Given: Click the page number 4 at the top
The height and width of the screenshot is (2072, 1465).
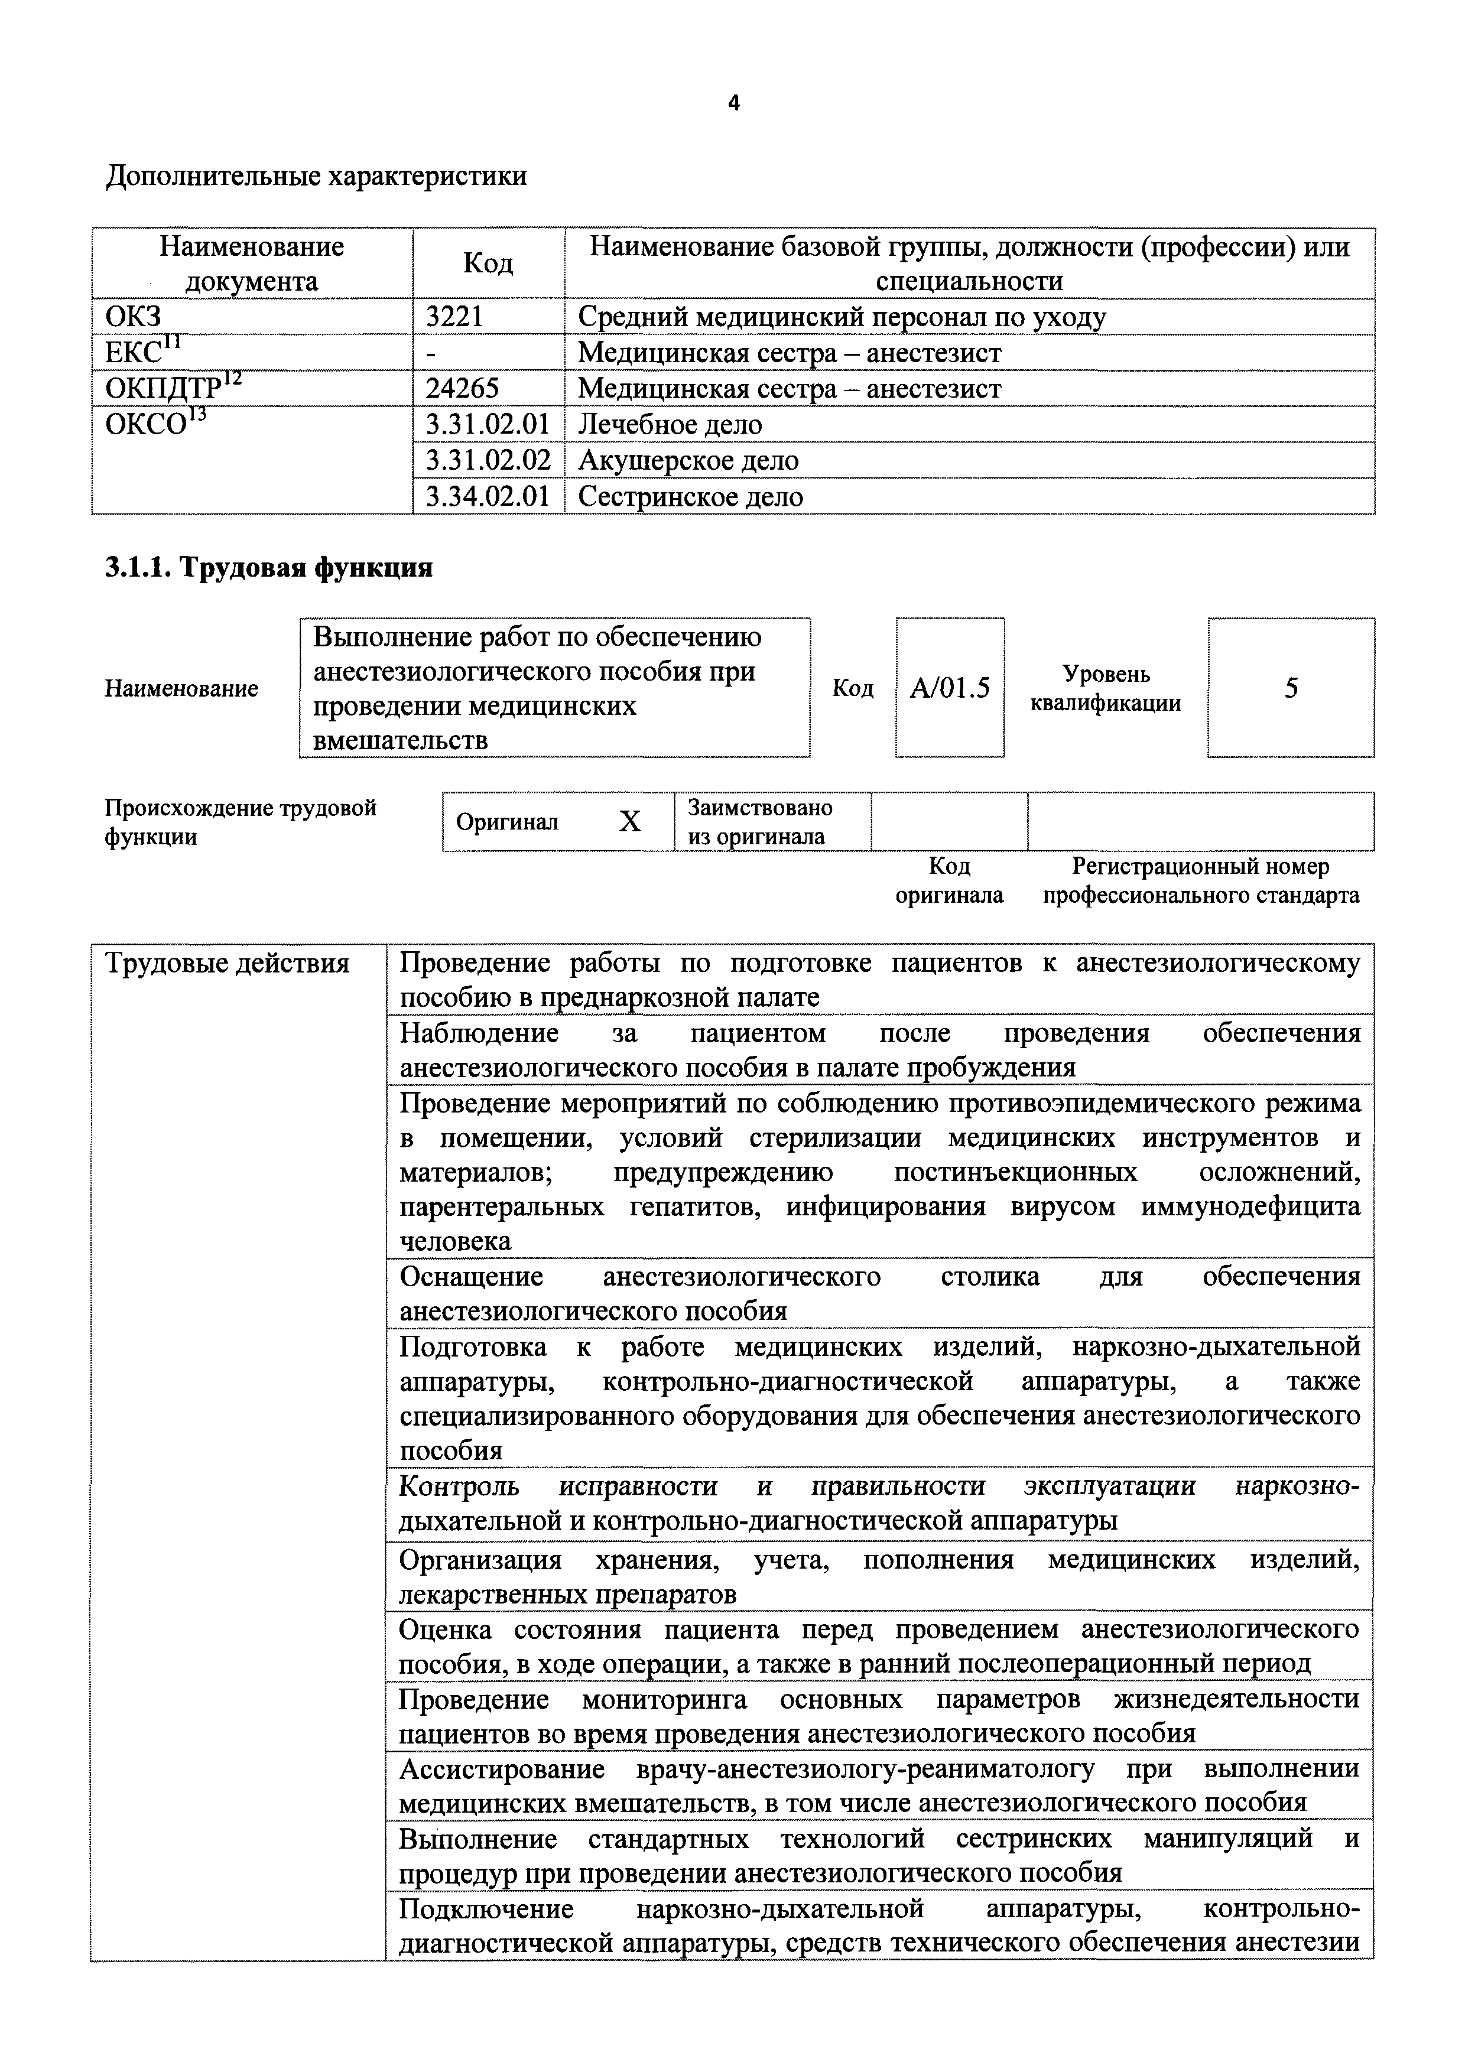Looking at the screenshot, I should tap(733, 104).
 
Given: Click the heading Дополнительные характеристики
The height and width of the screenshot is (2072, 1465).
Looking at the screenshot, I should tap(316, 175).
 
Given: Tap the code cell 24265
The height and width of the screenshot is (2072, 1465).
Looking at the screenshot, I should tap(462, 389).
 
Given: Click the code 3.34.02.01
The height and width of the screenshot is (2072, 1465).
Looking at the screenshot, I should tap(488, 496).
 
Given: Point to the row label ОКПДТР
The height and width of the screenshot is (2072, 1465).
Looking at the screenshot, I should tap(163, 389).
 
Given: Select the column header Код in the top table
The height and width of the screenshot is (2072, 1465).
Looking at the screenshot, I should tap(488, 264).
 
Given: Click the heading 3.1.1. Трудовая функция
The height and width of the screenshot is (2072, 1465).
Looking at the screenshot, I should tap(269, 568).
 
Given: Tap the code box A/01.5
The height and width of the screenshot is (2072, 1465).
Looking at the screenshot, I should tap(950, 688).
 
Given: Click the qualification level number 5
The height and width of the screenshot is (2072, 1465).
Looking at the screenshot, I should tap(1291, 688).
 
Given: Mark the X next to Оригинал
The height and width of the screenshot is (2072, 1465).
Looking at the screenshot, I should tap(630, 822).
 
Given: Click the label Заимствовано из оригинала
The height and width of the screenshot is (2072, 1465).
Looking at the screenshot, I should tap(759, 821).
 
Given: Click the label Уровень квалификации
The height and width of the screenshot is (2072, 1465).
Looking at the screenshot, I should tap(1106, 688).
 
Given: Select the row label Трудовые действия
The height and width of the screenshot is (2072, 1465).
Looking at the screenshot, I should tap(228, 964).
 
